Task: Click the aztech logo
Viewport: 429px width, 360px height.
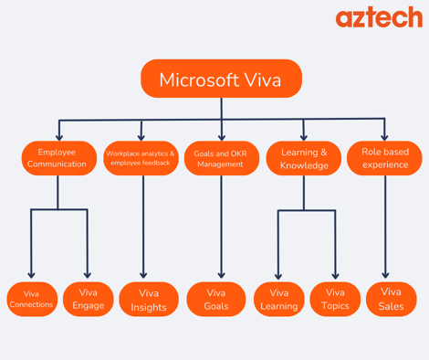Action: click(x=378, y=17)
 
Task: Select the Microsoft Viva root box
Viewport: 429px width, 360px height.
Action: click(x=221, y=79)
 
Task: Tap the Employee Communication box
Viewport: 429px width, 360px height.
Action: click(x=58, y=158)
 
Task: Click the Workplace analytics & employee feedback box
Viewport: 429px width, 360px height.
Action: click(x=141, y=158)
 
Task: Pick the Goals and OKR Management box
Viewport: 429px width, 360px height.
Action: click(x=222, y=158)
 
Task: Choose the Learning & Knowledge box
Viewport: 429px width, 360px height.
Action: click(x=304, y=158)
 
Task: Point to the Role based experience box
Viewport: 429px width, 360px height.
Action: click(x=384, y=158)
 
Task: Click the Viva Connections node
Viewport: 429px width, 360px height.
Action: click(x=31, y=299)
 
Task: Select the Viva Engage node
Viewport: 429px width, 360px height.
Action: click(x=88, y=299)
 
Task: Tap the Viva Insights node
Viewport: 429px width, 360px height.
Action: click(x=148, y=300)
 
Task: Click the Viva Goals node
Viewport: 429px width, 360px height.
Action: click(x=216, y=300)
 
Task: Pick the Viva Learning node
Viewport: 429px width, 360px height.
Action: click(x=278, y=300)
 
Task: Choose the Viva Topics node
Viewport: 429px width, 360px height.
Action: click(x=335, y=300)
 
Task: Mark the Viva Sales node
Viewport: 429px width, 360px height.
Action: click(x=391, y=300)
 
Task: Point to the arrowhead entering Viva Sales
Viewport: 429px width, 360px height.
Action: click(x=385, y=275)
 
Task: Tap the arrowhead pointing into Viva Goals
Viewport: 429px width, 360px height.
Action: click(x=222, y=275)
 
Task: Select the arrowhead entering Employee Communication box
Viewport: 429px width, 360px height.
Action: click(x=59, y=136)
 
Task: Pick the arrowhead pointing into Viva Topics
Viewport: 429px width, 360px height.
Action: click(x=335, y=275)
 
